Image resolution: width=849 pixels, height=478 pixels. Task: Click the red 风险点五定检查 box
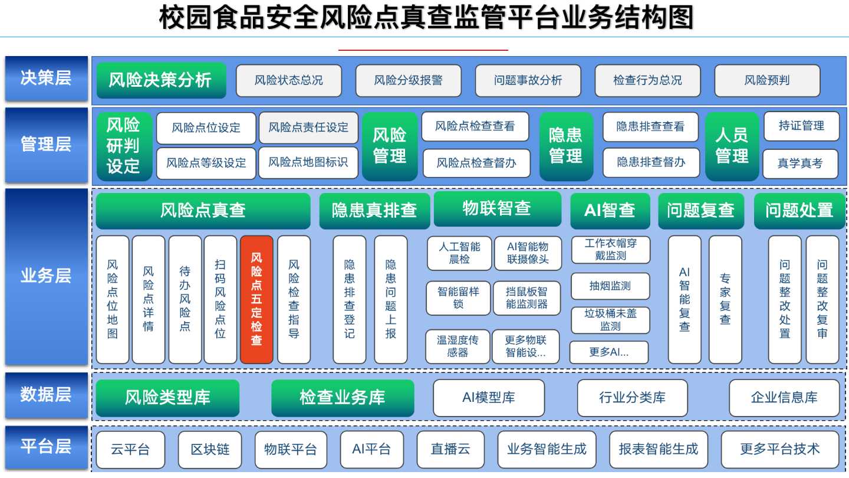(x=256, y=299)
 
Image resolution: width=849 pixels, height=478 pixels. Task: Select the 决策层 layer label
(x=46, y=78)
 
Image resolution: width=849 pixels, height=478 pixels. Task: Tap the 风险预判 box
(x=767, y=80)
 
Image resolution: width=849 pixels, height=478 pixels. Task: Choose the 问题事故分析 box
(x=528, y=80)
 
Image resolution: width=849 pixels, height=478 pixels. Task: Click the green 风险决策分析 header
(x=162, y=80)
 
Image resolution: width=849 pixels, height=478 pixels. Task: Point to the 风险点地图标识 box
(x=308, y=162)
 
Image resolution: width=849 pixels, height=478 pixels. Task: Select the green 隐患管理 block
(x=566, y=146)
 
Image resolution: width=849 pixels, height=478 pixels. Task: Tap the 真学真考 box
(x=800, y=163)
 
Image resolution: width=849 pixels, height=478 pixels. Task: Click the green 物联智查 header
(x=497, y=209)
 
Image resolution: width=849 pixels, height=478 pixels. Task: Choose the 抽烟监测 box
(x=610, y=286)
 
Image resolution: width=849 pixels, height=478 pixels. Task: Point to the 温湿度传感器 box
(x=458, y=346)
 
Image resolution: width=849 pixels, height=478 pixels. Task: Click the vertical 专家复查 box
(x=725, y=299)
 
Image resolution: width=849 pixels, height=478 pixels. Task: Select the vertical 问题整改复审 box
(x=822, y=299)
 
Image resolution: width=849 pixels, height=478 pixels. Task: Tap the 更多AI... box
(x=609, y=352)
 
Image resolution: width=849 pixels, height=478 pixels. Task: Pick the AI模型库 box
(x=489, y=398)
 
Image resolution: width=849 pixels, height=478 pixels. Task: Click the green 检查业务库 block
(x=343, y=398)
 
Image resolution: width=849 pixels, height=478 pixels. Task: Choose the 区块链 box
(x=210, y=450)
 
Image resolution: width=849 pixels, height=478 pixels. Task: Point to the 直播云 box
(x=450, y=450)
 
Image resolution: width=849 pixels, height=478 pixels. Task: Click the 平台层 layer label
(x=46, y=447)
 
